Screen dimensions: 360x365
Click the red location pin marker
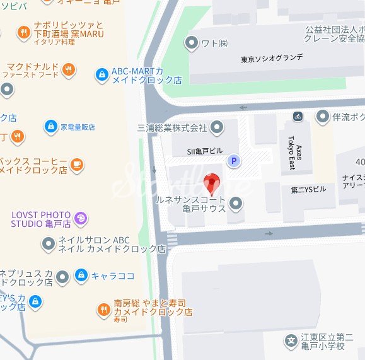point(212,182)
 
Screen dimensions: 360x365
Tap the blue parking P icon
point(234,161)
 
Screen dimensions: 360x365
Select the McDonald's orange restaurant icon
point(69,70)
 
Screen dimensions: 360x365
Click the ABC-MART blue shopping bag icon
point(101,75)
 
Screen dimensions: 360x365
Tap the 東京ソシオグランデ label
point(272,59)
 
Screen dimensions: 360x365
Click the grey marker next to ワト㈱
point(191,43)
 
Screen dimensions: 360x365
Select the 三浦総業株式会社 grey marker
point(217,128)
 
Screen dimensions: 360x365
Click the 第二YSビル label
point(309,189)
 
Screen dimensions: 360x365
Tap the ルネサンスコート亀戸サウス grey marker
point(236,203)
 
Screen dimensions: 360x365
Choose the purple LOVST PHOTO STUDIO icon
point(80,219)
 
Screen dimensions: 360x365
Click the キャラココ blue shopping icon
point(81,276)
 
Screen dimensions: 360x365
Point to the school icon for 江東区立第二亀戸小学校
point(291,341)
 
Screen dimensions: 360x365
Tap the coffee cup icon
point(76,165)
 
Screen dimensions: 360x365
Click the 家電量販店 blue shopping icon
point(50,126)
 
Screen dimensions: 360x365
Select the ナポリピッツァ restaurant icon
point(24,32)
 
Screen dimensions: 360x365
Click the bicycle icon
point(298,117)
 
